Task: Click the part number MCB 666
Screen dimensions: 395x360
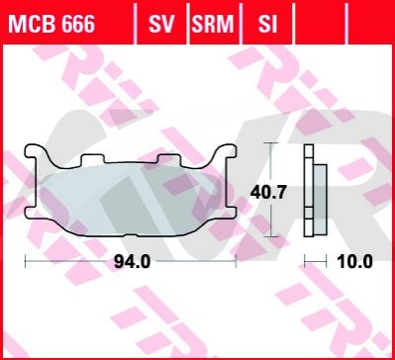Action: [51, 24]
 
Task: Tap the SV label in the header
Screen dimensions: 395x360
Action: [161, 24]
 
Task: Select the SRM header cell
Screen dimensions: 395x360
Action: [214, 24]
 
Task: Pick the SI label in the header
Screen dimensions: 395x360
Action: [267, 24]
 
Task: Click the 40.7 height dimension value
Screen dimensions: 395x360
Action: [268, 192]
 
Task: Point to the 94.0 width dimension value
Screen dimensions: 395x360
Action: [132, 262]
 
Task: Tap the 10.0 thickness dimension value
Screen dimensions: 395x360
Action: [354, 262]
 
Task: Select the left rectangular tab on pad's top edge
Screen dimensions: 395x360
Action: [93, 159]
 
